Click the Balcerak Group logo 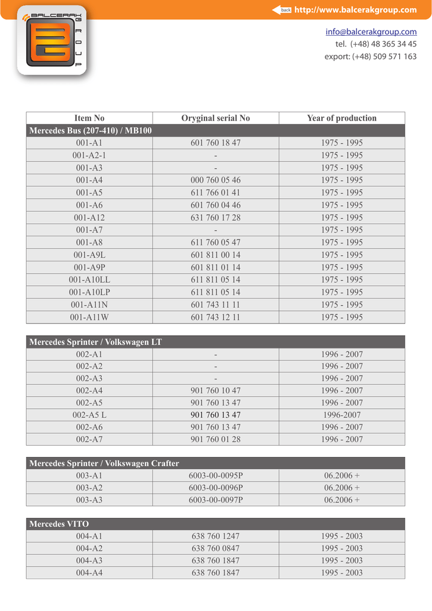tap(52, 41)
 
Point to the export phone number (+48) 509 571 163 tap(371, 57)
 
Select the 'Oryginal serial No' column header tap(216, 118)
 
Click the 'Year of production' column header tap(341, 118)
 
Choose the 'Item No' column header tap(89, 118)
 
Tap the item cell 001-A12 tap(89, 218)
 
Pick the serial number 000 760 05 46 tap(216, 180)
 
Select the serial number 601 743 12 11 tap(216, 317)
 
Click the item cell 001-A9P tap(89, 267)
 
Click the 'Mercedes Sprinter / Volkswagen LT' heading tap(95, 342)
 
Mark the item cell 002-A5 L tap(89, 415)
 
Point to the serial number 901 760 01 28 tap(216, 439)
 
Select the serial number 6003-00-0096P tap(216, 487)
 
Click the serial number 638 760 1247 tap(216, 536)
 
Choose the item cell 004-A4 tap(89, 573)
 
